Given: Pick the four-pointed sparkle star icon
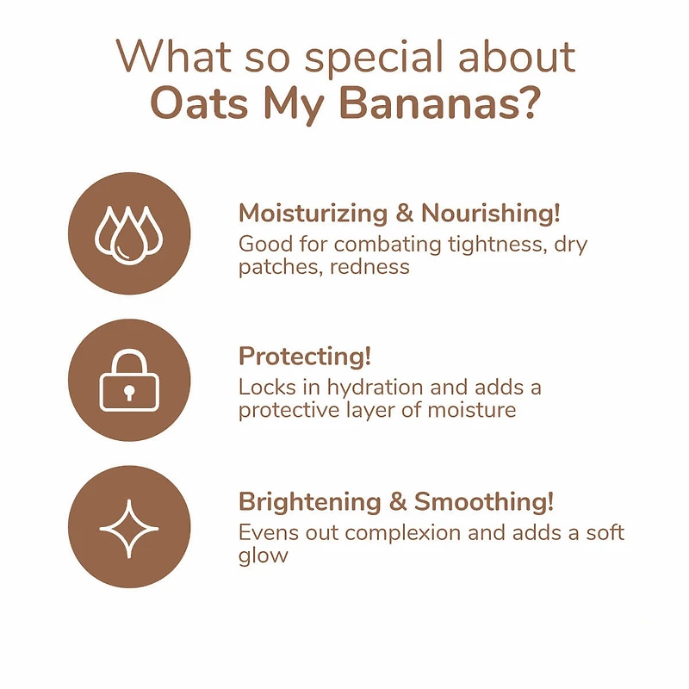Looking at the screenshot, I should [129, 526].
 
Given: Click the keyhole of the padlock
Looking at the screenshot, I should [129, 392].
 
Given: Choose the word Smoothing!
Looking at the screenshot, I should [484, 501].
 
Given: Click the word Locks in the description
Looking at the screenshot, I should [263, 388].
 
